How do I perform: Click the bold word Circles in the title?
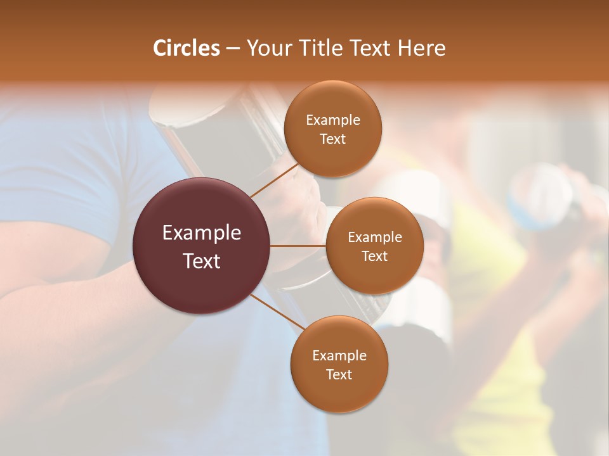tap(186, 48)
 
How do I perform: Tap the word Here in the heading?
tap(421, 48)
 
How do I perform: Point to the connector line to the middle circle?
tap(298, 246)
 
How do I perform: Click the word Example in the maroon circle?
tap(202, 233)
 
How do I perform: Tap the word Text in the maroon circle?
tap(202, 260)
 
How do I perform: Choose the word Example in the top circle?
tap(332, 120)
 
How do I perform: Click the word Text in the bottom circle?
tap(339, 374)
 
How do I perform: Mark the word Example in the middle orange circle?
tap(374, 237)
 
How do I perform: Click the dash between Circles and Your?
tap(232, 48)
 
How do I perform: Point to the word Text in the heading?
tap(367, 48)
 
